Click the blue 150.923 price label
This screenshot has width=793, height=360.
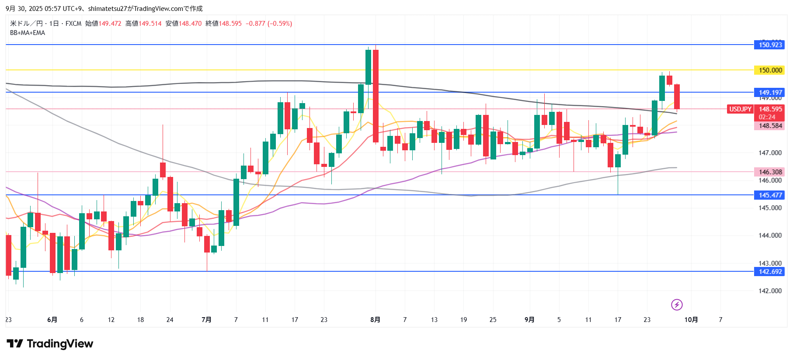(769, 45)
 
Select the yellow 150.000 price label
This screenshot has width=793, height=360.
(769, 70)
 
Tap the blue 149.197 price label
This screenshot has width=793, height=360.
(769, 92)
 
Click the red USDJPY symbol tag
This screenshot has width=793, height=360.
(740, 109)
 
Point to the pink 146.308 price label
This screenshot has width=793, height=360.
(769, 172)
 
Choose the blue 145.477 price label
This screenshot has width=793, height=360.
(769, 195)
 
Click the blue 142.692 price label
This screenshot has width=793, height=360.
(769, 272)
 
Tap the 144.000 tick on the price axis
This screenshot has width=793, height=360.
(770, 235)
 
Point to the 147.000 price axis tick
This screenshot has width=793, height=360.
(770, 153)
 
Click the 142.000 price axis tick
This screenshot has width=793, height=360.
(770, 291)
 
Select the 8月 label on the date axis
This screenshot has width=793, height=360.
(375, 320)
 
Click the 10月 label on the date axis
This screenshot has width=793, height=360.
(691, 320)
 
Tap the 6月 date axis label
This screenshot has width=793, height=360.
(52, 320)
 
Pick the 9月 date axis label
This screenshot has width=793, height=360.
(529, 320)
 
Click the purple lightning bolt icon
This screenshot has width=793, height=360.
(677, 305)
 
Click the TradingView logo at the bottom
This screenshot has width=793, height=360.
(50, 344)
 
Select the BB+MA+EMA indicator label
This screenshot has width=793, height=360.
(28, 33)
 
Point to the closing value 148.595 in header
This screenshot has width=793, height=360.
(230, 24)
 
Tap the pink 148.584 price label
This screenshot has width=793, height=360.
(769, 126)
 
